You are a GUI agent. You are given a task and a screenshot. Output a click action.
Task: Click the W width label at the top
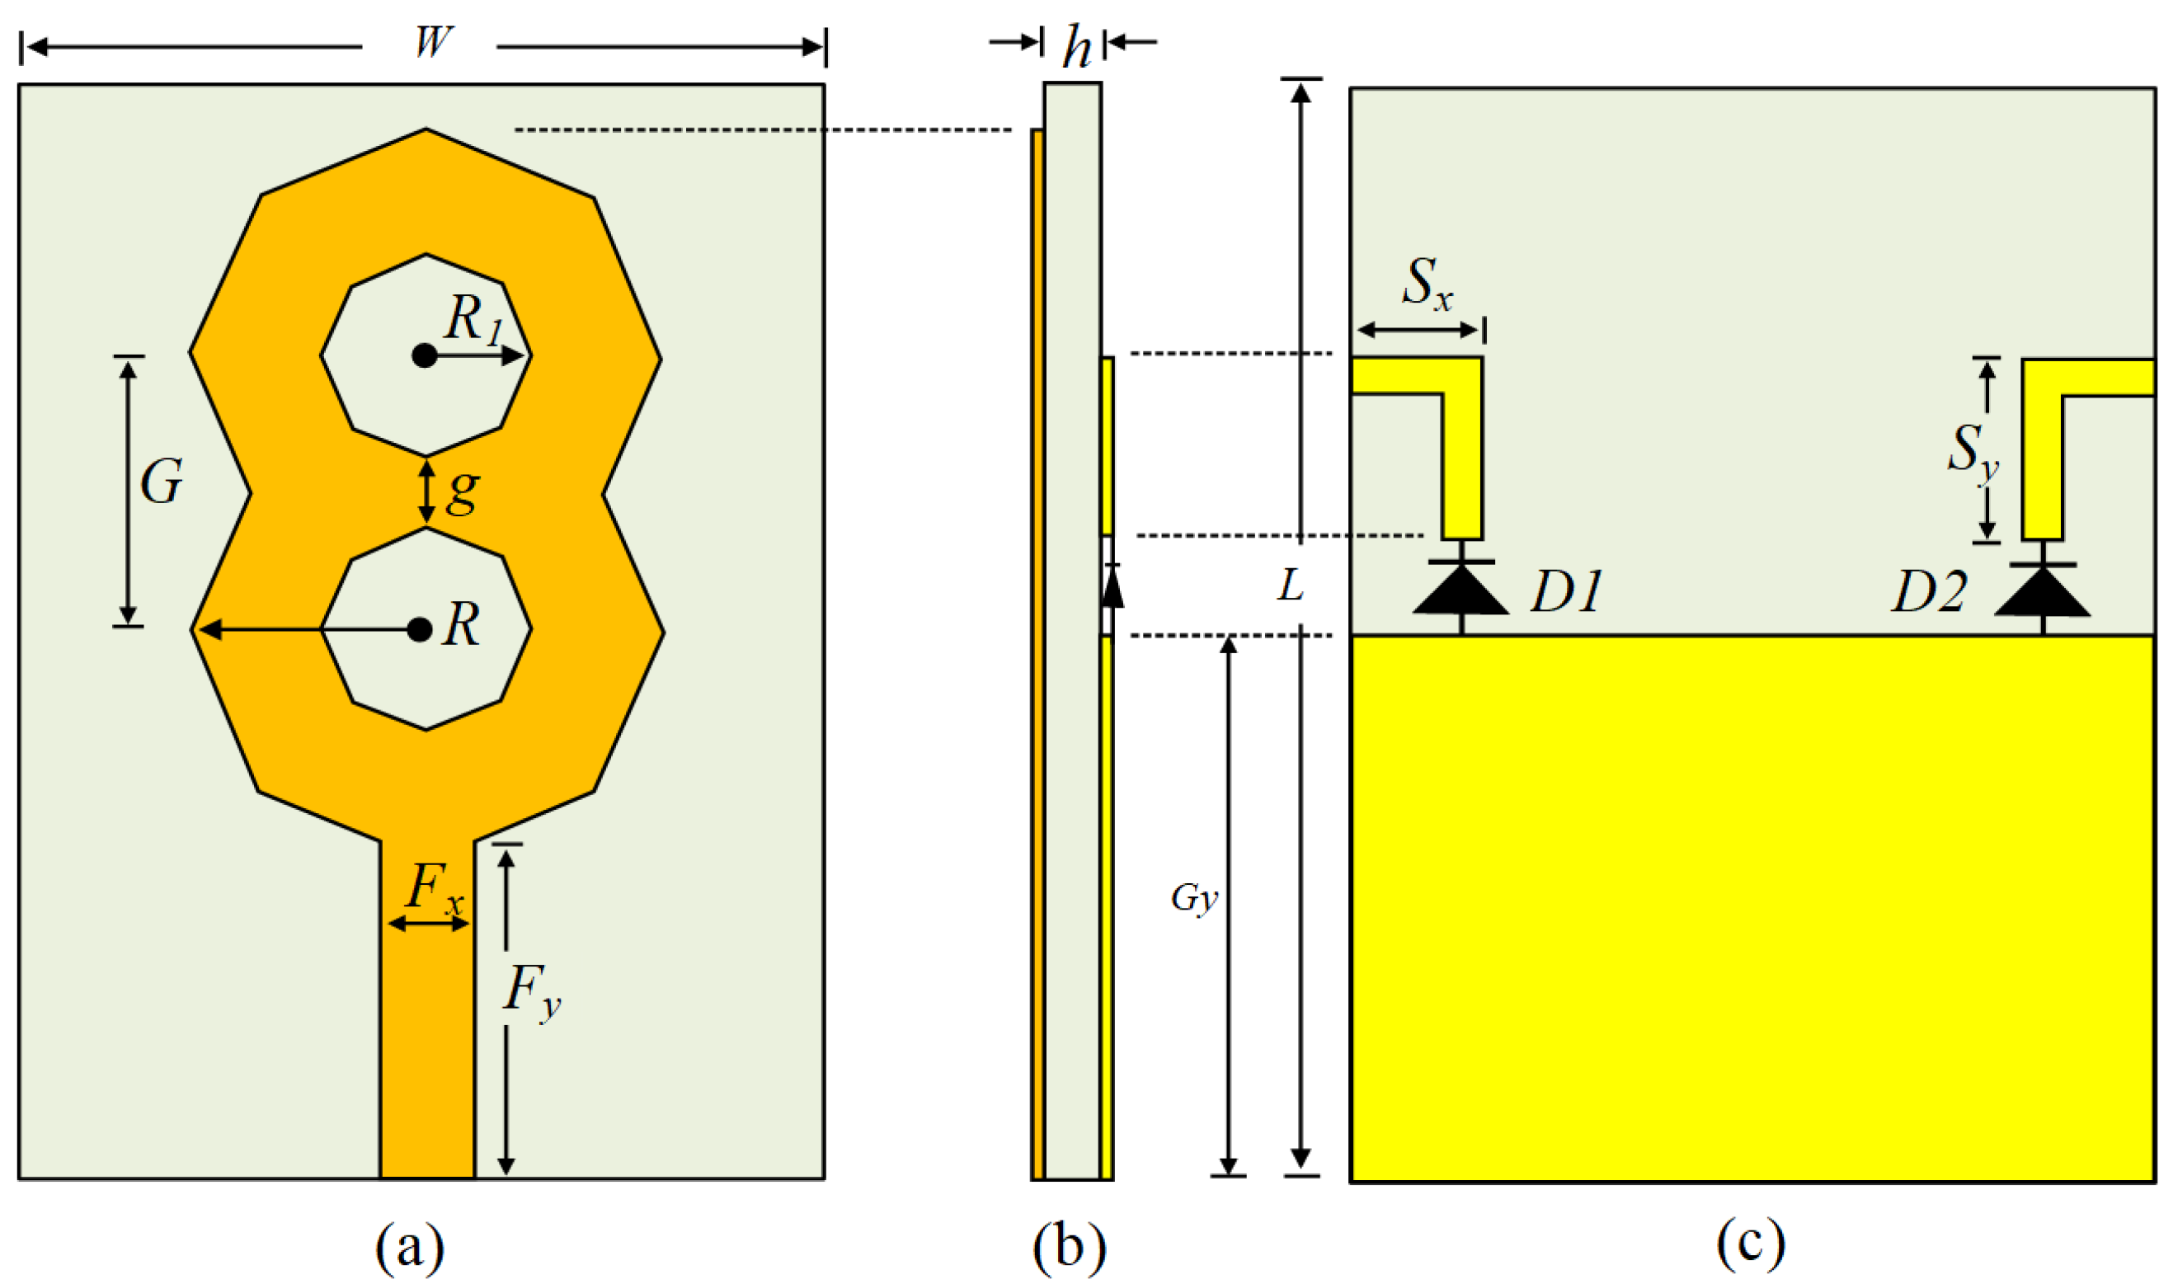click(431, 41)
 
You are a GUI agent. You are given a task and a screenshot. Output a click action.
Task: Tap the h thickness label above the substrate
click(1075, 47)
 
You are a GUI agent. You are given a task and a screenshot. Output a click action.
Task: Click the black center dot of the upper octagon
click(424, 355)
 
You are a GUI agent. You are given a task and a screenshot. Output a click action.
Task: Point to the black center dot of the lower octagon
click(420, 630)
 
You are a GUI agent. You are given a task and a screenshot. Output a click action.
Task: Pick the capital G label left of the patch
click(162, 482)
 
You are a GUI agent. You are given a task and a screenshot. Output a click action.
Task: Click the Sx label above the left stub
click(1427, 283)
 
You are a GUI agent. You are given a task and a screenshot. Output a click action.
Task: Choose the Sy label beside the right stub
click(1973, 452)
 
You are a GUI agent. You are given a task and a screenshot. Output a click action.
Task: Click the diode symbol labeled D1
click(1461, 591)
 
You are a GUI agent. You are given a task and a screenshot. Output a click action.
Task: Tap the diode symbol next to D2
click(2043, 593)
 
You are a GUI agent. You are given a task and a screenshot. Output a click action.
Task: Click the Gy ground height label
click(1194, 898)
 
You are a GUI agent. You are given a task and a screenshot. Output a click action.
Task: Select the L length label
click(1291, 586)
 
